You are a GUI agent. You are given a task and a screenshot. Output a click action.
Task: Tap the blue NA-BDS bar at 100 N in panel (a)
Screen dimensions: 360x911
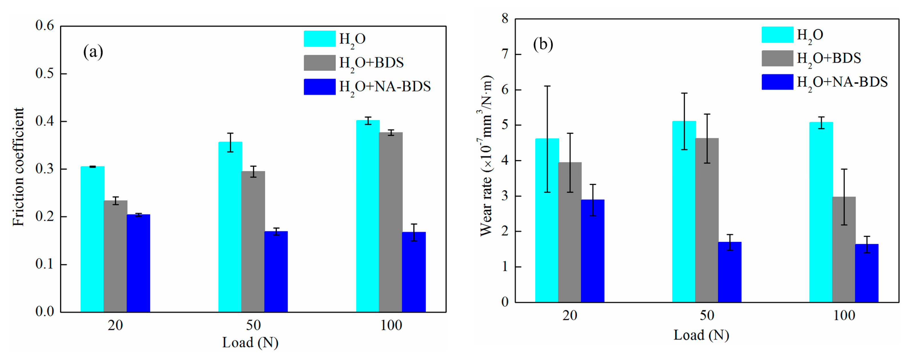(x=414, y=272)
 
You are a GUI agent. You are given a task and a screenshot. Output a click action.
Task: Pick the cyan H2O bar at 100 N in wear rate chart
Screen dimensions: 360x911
(x=821, y=212)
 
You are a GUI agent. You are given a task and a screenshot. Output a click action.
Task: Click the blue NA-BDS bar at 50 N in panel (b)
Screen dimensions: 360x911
(x=730, y=272)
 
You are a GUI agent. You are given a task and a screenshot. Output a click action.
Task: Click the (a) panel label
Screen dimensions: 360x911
(x=93, y=52)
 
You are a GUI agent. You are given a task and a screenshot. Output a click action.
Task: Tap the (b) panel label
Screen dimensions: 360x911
(x=543, y=45)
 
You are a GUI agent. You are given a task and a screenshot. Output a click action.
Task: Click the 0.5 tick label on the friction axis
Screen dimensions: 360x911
(x=45, y=73)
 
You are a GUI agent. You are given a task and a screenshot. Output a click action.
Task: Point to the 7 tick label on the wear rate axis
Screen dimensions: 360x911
(x=505, y=54)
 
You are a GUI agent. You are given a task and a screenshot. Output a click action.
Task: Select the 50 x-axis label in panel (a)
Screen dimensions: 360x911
(x=253, y=325)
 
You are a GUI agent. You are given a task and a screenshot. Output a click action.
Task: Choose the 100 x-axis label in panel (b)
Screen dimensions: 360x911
(x=844, y=315)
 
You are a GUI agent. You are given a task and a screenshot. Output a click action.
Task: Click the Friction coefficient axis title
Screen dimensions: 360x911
(x=18, y=167)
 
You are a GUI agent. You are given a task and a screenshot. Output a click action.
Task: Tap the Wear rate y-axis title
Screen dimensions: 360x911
(x=486, y=156)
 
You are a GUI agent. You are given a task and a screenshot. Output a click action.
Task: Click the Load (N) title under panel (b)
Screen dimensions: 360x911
(x=701, y=335)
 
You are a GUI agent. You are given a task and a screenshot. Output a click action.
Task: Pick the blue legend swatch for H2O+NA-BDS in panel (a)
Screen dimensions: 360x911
(x=319, y=87)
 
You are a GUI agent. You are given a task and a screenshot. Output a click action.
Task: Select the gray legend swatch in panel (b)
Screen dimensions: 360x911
(x=777, y=58)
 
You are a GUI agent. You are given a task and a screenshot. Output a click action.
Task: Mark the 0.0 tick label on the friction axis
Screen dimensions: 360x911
(x=45, y=312)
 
